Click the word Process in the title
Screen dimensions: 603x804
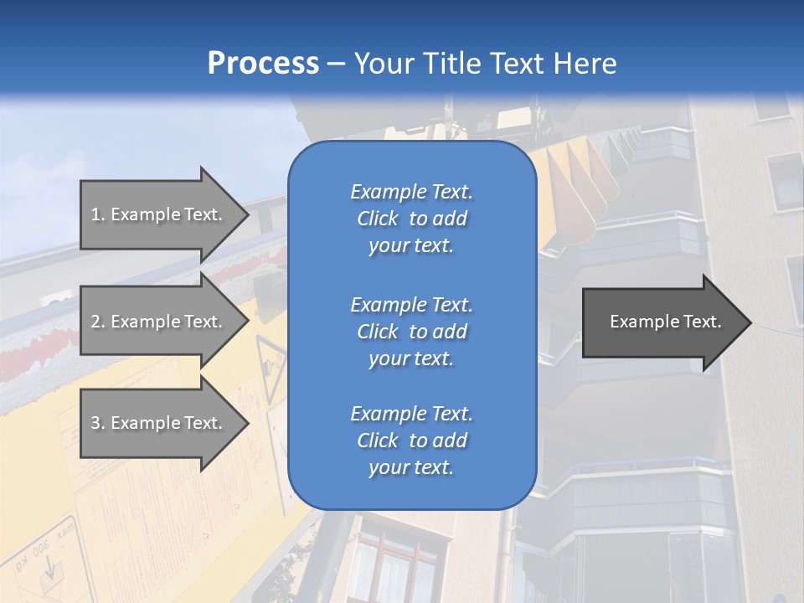coord(263,64)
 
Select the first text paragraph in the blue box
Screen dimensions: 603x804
coord(411,219)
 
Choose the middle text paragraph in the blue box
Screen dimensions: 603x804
coord(411,332)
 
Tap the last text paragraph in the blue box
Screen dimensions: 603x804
coord(411,441)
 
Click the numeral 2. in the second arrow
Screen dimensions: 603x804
coord(98,322)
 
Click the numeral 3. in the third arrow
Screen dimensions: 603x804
coord(98,423)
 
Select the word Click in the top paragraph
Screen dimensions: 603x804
coord(378,219)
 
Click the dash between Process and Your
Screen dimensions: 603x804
coord(336,64)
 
